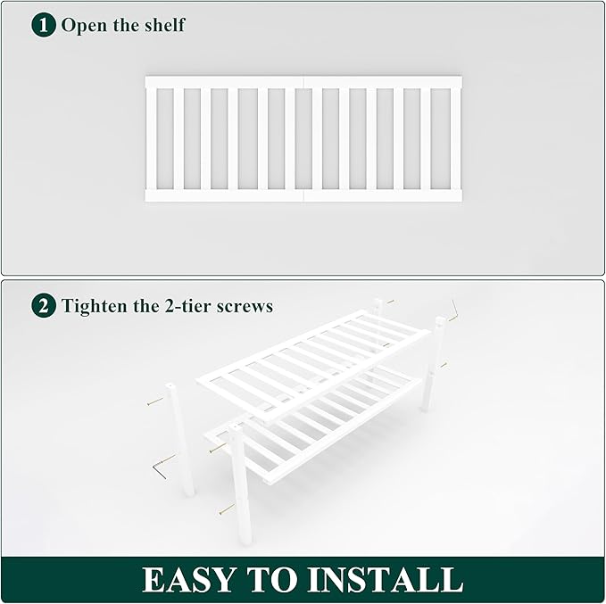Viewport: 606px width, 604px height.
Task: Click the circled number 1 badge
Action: (44, 24)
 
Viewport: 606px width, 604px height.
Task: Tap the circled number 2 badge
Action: (44, 306)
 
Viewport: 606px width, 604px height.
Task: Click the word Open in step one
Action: (84, 25)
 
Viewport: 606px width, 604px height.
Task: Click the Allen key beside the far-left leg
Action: (162, 465)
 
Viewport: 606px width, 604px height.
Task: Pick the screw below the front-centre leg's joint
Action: (227, 509)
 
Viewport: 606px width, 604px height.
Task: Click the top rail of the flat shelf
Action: (303, 82)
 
